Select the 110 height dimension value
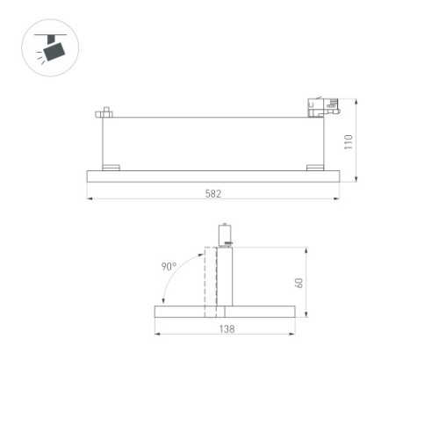pos(349,140)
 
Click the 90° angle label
pos(169,266)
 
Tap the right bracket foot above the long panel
pos(313,167)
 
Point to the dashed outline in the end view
pos(210,281)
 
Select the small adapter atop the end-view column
pos(224,235)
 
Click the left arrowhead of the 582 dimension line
pos(90,199)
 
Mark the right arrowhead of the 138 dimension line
pos(292,334)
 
